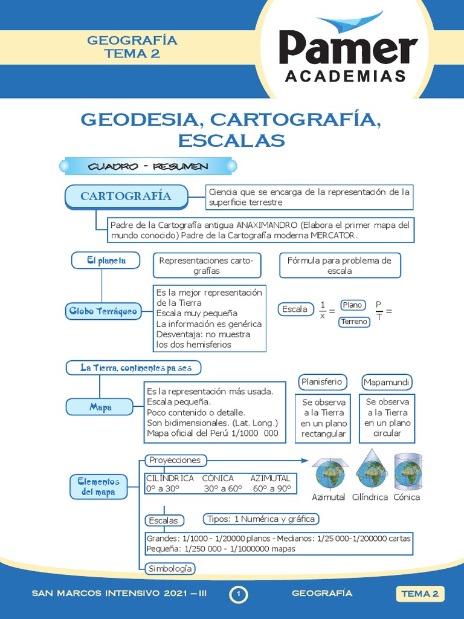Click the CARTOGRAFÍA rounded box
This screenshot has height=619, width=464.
(x=126, y=196)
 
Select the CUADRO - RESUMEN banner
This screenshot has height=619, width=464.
(x=148, y=166)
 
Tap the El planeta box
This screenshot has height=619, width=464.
(x=106, y=261)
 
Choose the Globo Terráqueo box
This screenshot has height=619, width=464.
(x=101, y=312)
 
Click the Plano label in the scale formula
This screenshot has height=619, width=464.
(x=352, y=305)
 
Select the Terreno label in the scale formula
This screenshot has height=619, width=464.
(x=354, y=322)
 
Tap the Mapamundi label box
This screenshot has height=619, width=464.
(x=387, y=382)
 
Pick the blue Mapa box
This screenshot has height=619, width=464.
(x=100, y=407)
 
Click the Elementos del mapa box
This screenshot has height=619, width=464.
(x=98, y=487)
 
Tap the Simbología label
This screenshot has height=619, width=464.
(x=170, y=569)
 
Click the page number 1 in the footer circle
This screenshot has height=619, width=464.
(x=239, y=595)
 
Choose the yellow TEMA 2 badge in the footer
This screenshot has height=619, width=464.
(x=420, y=594)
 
